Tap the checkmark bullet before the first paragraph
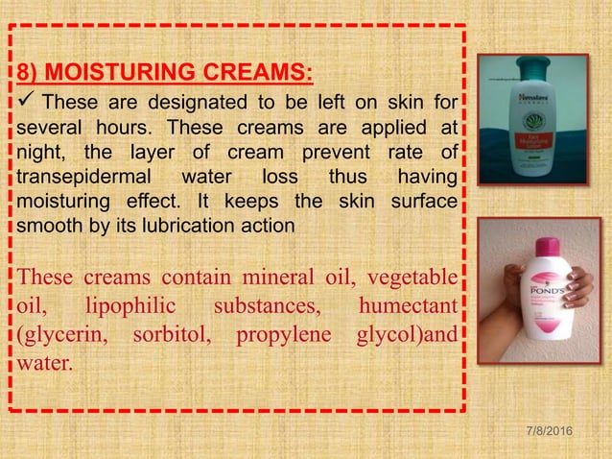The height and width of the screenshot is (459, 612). [x=25, y=101]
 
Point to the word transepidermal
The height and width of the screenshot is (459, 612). [x=78, y=177]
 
